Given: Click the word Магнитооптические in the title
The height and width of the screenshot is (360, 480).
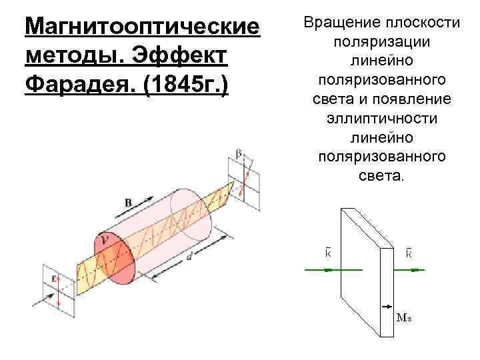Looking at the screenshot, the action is (141, 27).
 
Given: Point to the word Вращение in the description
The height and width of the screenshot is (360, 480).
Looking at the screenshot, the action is (341, 23).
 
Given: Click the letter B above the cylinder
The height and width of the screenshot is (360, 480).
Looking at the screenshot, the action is (127, 201).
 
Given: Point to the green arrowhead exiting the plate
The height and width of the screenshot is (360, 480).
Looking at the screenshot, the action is (417, 270).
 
